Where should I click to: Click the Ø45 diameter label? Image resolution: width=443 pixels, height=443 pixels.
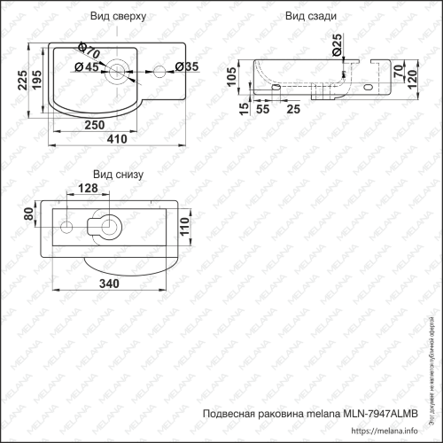(86, 67)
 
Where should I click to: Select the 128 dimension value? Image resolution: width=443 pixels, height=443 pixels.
(88, 189)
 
